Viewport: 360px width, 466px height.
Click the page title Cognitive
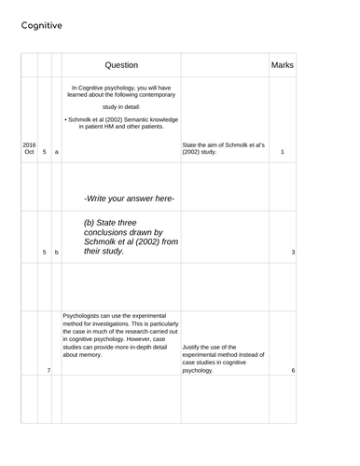42,26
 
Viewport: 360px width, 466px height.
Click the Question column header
120,65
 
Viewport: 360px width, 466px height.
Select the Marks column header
282,65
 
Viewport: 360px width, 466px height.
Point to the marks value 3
292,253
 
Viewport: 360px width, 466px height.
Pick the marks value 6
292,371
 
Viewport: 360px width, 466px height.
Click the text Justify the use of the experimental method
224,359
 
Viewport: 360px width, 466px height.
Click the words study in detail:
120,107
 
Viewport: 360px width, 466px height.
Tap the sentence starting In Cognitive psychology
120,90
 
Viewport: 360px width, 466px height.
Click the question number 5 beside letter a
44,152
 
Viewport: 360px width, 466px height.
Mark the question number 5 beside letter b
44,253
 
